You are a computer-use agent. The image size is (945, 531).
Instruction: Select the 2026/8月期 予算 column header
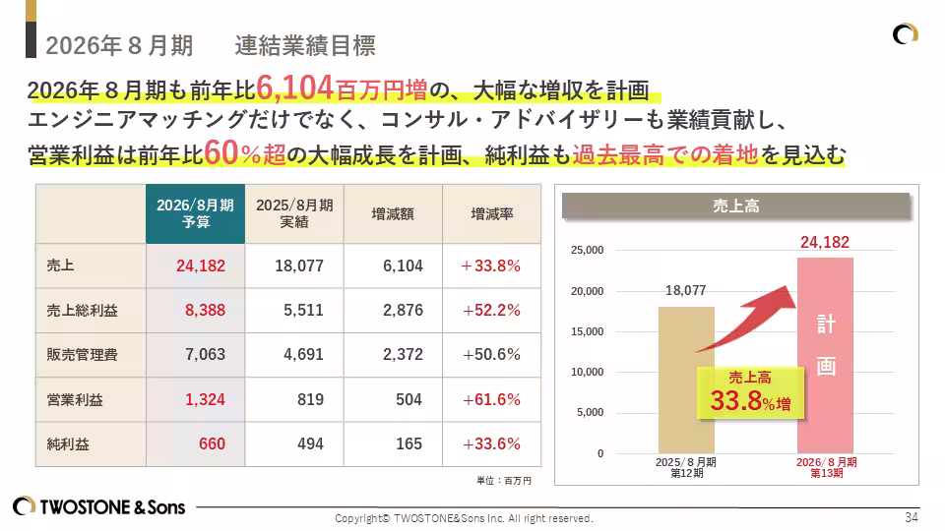[195, 213]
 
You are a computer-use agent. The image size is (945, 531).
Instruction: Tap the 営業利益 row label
[75, 400]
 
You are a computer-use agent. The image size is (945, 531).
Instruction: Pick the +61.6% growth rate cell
[490, 400]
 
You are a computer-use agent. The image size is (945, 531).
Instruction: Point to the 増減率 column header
[491, 213]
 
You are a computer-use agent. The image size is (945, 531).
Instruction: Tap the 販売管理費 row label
[82, 354]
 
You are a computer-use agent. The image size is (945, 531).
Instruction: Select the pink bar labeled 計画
[825, 354]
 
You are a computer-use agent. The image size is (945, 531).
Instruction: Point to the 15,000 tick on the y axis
[587, 331]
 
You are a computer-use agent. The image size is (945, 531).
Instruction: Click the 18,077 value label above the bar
[685, 291]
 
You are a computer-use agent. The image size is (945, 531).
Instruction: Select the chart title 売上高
[735, 206]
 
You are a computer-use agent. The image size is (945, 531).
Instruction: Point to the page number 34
[911, 517]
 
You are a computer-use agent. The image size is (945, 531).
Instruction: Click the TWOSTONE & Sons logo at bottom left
[98, 507]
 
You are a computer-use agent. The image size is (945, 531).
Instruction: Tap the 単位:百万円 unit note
[503, 481]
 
